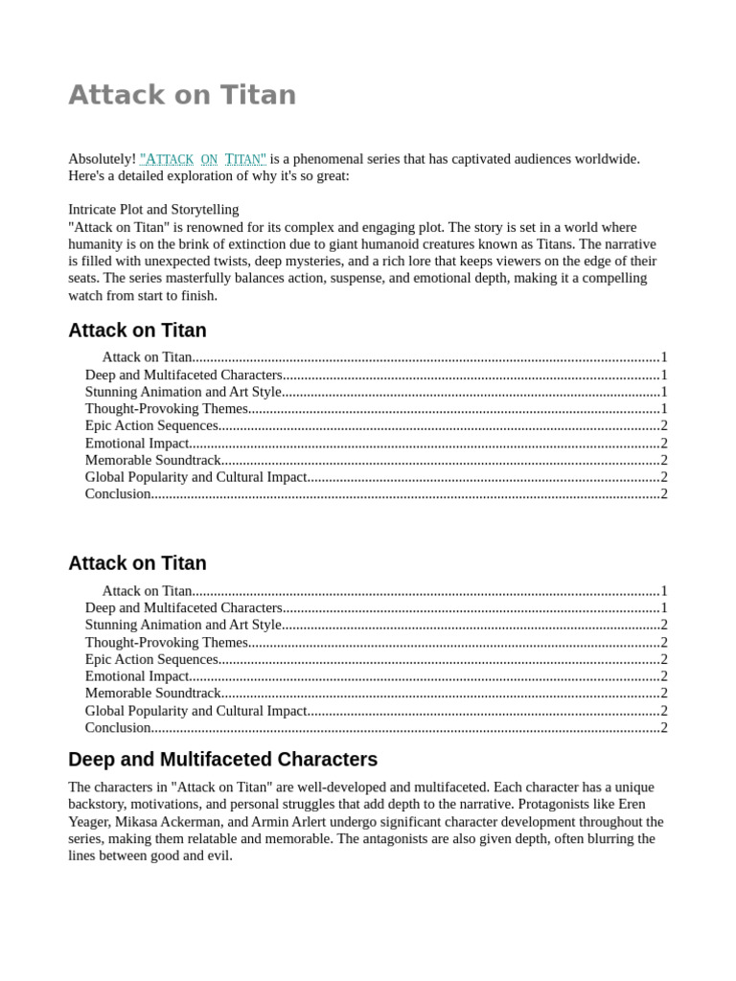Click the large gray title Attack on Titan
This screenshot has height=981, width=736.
pyautogui.click(x=182, y=95)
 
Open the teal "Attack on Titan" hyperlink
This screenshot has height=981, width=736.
pyautogui.click(x=203, y=159)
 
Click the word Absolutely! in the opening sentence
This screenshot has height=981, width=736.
pyautogui.click(x=102, y=159)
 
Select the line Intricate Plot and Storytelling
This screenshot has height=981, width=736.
pyautogui.click(x=153, y=209)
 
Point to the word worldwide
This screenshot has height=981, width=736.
pyautogui.click(x=605, y=159)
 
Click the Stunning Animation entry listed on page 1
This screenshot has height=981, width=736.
pyautogui.click(x=183, y=392)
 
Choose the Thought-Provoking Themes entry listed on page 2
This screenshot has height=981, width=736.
pyautogui.click(x=167, y=642)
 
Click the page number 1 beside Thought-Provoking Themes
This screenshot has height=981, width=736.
pyautogui.click(x=663, y=409)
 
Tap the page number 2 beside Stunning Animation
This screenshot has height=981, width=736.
pyautogui.click(x=663, y=625)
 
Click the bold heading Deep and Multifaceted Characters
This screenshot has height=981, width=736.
pyautogui.click(x=222, y=760)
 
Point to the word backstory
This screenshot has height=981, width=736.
pyautogui.click(x=98, y=804)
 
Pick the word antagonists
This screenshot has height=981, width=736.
pyautogui.click(x=407, y=838)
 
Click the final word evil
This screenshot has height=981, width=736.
pyautogui.click(x=218, y=856)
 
